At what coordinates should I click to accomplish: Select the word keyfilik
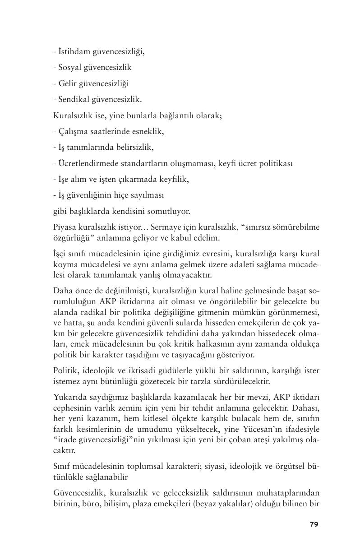(x=173, y=179)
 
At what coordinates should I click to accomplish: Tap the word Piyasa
(x=64, y=227)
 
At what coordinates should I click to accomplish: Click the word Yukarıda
(x=68, y=397)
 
